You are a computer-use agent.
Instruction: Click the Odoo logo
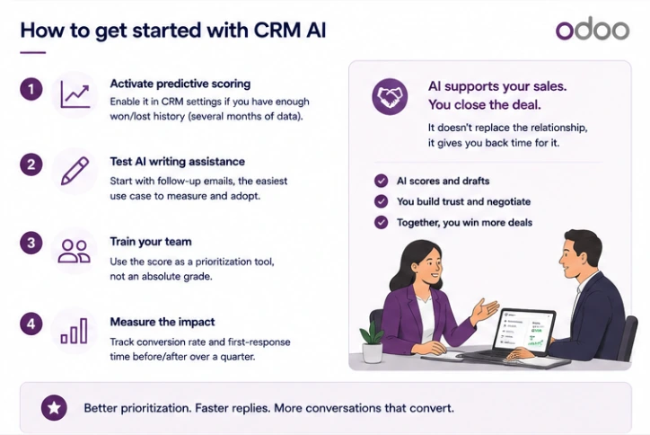(593, 30)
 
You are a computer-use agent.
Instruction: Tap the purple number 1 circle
(31, 89)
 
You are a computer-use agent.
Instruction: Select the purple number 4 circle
(31, 324)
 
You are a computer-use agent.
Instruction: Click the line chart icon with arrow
(75, 94)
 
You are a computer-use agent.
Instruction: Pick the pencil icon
(75, 171)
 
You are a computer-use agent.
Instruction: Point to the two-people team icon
(75, 251)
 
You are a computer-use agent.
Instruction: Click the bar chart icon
(75, 331)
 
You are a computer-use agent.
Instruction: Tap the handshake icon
(390, 96)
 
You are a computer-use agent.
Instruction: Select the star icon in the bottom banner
(54, 408)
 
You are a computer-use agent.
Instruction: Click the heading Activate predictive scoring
(180, 84)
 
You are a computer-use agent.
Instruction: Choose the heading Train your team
(151, 242)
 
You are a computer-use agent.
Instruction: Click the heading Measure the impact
(162, 322)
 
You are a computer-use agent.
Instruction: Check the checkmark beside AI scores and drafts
(381, 181)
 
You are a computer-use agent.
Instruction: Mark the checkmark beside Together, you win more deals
(381, 223)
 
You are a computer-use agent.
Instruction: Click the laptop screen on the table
(525, 332)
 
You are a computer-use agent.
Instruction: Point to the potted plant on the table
(372, 342)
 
